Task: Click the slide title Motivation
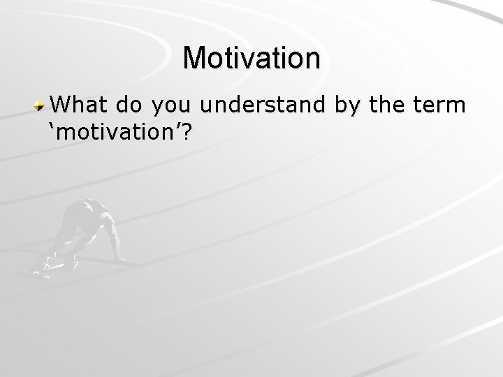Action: pos(251,58)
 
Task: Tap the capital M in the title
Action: pos(196,58)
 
